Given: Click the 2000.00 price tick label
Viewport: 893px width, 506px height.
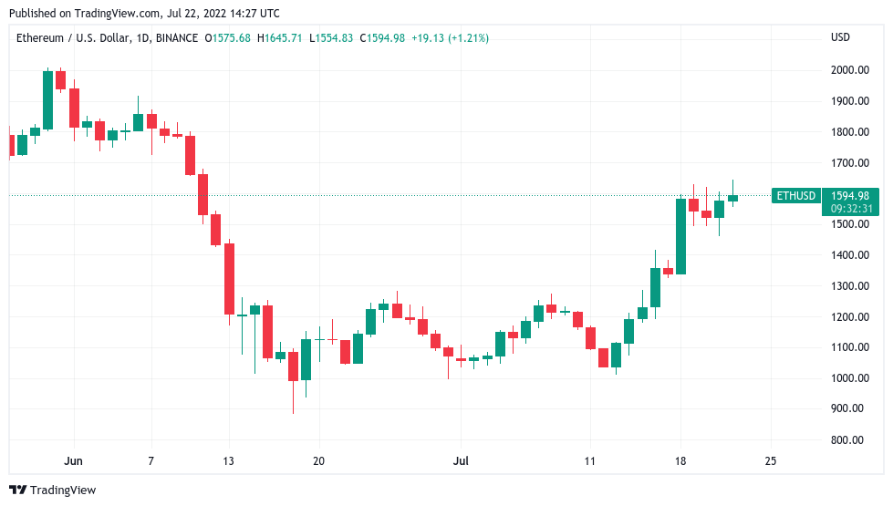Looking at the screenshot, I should coord(848,70).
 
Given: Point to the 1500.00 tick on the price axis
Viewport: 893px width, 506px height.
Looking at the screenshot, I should coord(848,224).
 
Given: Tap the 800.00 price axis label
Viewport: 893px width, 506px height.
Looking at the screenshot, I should coord(851,440).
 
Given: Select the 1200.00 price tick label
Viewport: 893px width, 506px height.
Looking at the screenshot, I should coord(848,317).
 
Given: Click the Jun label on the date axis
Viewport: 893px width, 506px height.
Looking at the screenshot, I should coord(75,461).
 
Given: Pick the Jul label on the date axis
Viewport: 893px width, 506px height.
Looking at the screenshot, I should coord(462,461).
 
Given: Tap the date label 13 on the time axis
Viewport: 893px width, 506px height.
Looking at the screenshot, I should coord(228,461).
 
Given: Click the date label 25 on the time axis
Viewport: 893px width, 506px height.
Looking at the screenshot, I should coord(771,461).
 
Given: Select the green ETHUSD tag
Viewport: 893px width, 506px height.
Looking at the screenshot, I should coord(794,195).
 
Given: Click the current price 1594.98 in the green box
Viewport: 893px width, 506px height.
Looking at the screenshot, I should coord(850,195).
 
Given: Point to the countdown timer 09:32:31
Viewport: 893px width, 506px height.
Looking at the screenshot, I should coord(850,209).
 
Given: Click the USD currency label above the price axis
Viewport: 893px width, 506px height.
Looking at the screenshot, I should coord(840,37).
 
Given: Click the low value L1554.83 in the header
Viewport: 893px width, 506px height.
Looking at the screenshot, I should coord(332,37).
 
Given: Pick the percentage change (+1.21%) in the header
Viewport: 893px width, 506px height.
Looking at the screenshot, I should coord(466,37).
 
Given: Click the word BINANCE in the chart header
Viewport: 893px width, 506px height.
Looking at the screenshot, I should coord(176,37).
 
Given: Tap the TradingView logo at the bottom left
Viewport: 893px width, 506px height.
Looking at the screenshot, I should coord(52,490).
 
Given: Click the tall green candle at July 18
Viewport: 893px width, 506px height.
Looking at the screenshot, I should coord(680,236).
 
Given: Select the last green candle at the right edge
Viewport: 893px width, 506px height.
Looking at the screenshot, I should coord(732,198).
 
